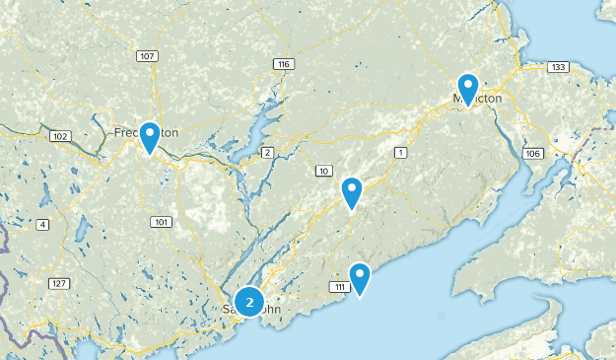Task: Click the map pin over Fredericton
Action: (x=150, y=136)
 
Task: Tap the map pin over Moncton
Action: (x=467, y=88)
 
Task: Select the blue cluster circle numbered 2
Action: (x=249, y=302)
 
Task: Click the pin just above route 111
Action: (x=361, y=277)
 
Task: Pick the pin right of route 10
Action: (x=352, y=191)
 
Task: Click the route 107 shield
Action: (x=148, y=56)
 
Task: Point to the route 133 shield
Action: (x=558, y=67)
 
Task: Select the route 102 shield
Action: (x=59, y=136)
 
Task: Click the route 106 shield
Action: (x=533, y=154)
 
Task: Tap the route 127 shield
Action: (x=60, y=284)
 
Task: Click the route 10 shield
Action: (x=323, y=172)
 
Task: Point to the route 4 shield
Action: (x=42, y=226)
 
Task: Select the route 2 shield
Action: (x=267, y=152)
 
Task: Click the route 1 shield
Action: (x=400, y=152)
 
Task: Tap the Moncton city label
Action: (x=478, y=99)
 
